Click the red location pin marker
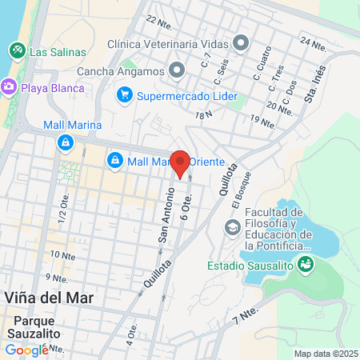click(181, 162)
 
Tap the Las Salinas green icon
click(17, 50)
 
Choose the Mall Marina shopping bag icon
click(66, 143)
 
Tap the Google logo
click(26, 350)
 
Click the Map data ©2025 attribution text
click(326, 354)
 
